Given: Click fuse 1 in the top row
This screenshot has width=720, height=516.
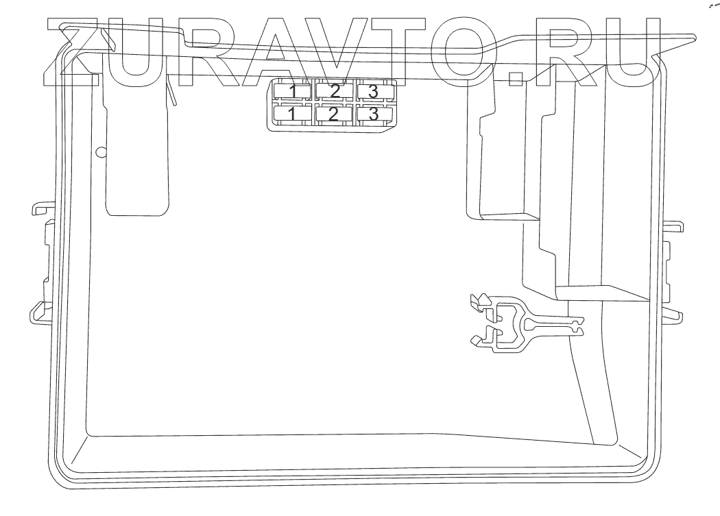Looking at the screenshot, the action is [x=293, y=91].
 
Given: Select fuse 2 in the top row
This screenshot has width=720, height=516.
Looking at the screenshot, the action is [x=334, y=91].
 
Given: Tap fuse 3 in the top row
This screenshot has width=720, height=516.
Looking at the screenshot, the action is [x=374, y=91].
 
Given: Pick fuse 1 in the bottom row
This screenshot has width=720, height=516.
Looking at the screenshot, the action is [x=293, y=114].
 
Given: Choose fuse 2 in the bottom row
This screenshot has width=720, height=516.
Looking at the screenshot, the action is [x=334, y=114].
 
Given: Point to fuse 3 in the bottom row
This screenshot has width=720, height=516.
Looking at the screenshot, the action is [x=374, y=114].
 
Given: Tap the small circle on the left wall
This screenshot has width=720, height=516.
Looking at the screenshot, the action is [x=101, y=151].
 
